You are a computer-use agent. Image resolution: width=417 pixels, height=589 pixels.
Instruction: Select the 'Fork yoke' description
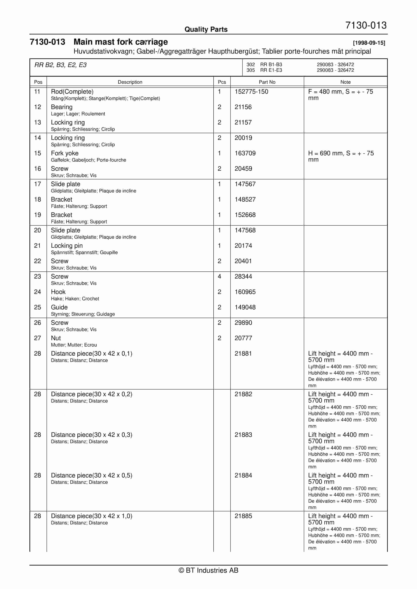[x=65, y=153]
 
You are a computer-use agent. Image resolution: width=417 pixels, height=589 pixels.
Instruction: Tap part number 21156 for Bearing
[x=243, y=107]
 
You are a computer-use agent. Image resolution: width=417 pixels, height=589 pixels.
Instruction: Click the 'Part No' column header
[x=267, y=82]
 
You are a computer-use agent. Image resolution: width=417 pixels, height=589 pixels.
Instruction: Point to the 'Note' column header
[x=345, y=82]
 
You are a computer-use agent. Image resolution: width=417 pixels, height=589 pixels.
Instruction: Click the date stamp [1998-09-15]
[x=369, y=43]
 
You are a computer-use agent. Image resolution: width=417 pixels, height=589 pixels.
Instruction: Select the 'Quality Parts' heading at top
[x=206, y=29]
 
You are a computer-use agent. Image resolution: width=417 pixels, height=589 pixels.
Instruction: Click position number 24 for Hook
[x=37, y=292]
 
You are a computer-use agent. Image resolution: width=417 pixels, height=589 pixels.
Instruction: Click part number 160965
[x=245, y=292]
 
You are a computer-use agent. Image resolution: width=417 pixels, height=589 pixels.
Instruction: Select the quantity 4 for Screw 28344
[x=219, y=276]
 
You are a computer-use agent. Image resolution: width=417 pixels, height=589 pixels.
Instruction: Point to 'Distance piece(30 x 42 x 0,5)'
[x=91, y=475]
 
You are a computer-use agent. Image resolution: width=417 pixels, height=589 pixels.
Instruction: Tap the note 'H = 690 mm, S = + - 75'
[x=341, y=153]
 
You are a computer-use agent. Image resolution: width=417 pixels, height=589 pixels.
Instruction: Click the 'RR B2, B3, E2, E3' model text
[x=61, y=65]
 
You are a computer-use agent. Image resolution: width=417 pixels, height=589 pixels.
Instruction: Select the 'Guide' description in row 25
[x=59, y=307]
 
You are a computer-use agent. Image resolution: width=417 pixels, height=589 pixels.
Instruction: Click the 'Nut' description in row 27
[x=56, y=338]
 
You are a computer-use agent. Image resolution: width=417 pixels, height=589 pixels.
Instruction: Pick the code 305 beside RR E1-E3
[x=250, y=70]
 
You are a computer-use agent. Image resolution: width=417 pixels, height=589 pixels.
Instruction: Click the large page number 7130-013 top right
[x=366, y=25]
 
